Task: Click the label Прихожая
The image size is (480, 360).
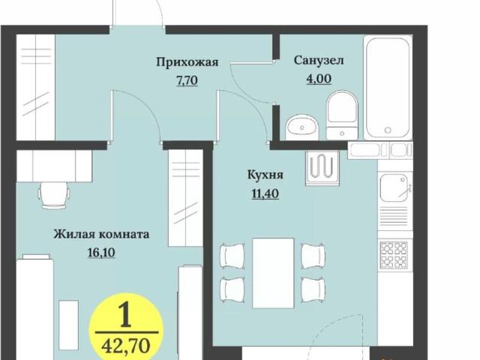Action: click(187, 62)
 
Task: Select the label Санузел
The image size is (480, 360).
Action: click(319, 59)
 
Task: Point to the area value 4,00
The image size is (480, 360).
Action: click(319, 77)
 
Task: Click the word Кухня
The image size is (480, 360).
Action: click(265, 175)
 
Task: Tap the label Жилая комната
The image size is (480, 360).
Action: click(100, 234)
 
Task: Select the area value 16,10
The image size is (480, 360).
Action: click(102, 253)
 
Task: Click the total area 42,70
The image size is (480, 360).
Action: click(125, 346)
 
